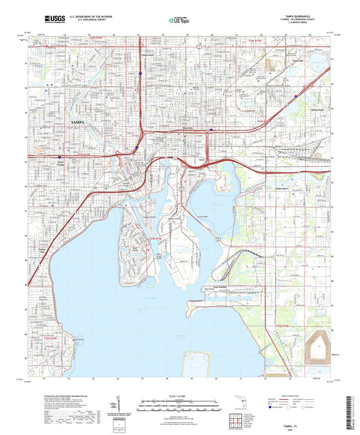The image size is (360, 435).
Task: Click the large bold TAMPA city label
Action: (x=80, y=121)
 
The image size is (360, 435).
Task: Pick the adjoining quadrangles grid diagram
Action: (x=236, y=424)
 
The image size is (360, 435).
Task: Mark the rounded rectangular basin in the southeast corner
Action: (x=317, y=349)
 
